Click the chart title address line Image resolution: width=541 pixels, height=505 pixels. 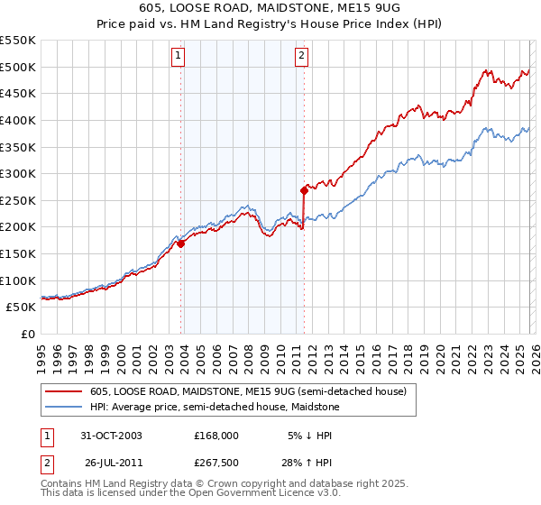coord(270,7)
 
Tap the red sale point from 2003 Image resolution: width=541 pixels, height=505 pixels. coord(181,243)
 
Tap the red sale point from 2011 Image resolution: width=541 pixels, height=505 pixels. coord(304,190)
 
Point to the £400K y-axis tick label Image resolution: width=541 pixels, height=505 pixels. coord(18,120)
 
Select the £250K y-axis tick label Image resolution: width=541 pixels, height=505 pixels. coord(18,200)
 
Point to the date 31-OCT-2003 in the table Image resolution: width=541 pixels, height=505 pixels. coord(111,435)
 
